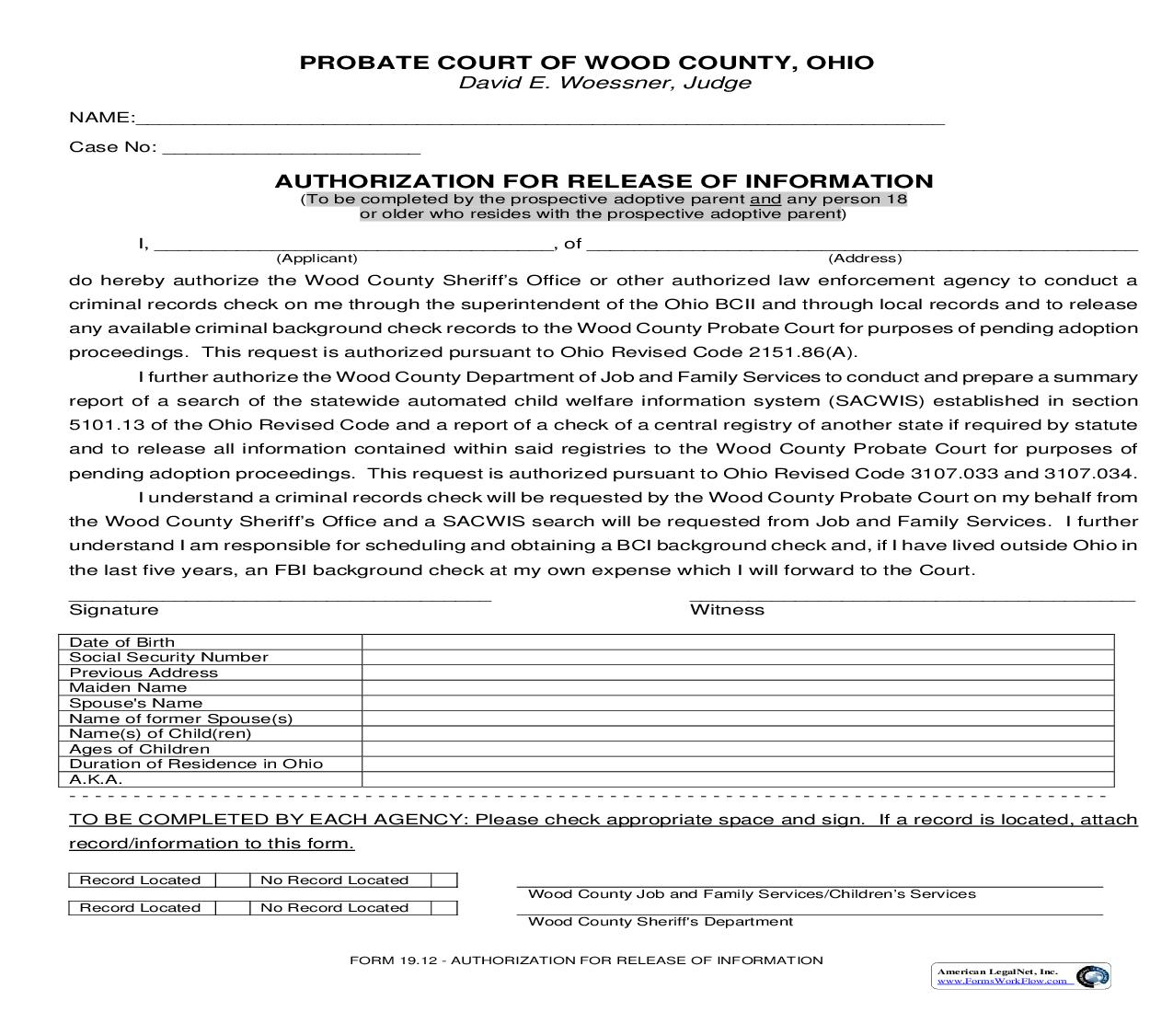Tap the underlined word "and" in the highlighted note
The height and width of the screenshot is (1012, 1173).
[765, 200]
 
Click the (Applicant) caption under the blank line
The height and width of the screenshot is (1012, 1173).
[316, 259]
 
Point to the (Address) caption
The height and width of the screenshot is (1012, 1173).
[865, 259]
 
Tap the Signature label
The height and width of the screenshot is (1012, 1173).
[113, 610]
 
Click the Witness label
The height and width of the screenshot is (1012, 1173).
[727, 610]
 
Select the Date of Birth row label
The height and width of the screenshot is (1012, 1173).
[121, 642]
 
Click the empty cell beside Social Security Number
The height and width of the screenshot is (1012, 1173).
[737, 657]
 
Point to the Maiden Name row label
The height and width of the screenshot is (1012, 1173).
[128, 687]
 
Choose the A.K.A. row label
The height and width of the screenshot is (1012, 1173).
[96, 779]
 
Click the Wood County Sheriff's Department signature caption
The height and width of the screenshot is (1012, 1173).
[660, 922]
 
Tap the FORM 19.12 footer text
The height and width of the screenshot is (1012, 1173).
[585, 960]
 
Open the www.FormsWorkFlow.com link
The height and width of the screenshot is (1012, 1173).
[1002, 981]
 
